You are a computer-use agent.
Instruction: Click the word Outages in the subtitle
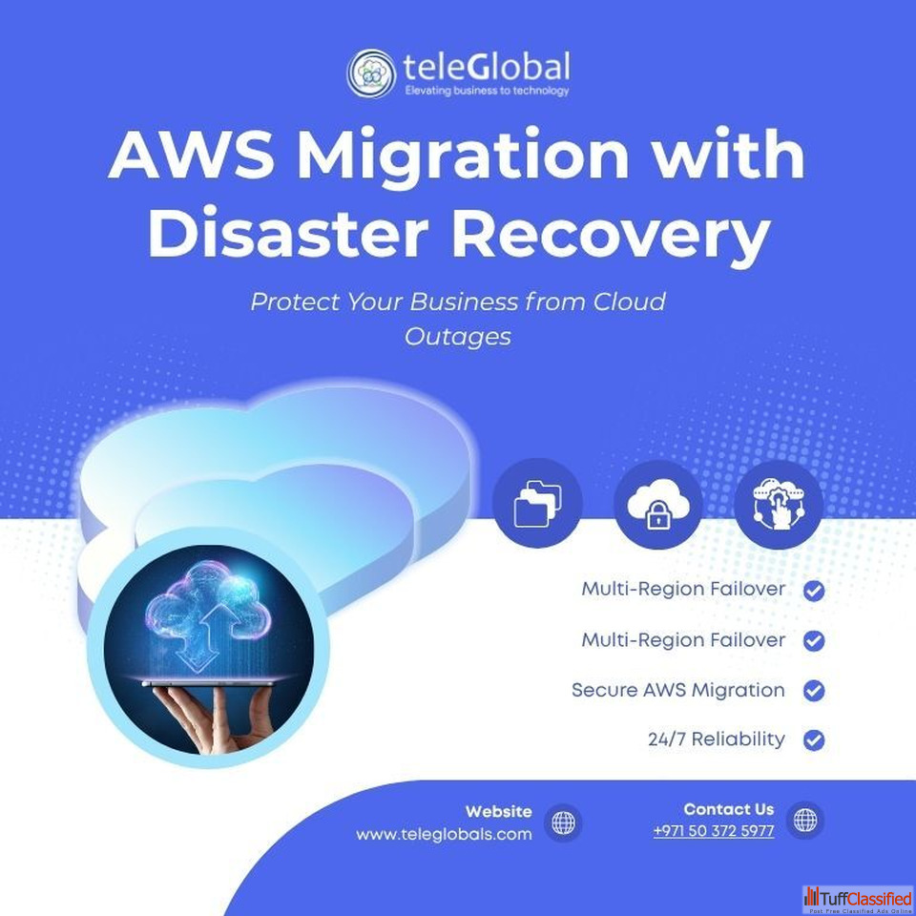(458, 337)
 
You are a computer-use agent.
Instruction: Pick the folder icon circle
(536, 503)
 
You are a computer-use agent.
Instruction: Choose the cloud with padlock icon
(657, 503)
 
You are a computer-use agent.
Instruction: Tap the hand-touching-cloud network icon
(779, 503)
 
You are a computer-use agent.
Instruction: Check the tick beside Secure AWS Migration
(814, 690)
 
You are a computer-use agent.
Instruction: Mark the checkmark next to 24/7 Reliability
(814, 739)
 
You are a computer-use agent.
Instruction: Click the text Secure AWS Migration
(677, 690)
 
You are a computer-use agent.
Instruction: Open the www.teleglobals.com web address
(444, 834)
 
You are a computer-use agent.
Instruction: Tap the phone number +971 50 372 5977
(713, 831)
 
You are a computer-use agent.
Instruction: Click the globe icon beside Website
(564, 822)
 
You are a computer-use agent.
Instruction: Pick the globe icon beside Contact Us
(805, 820)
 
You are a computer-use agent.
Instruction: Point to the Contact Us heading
(728, 809)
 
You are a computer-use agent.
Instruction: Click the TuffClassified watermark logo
(858, 898)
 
